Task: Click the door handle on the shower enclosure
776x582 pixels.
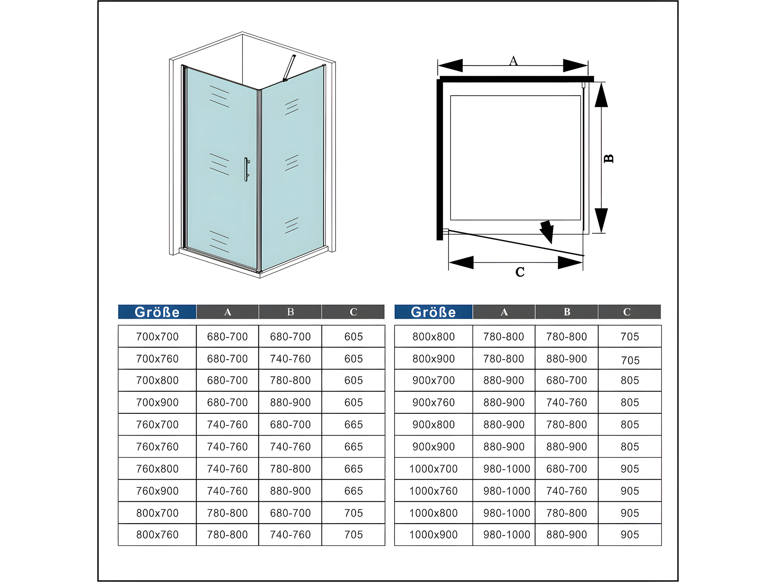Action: [x=247, y=169]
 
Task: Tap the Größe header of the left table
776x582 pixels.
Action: [x=157, y=312]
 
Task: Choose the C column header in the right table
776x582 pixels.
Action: [x=627, y=312]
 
